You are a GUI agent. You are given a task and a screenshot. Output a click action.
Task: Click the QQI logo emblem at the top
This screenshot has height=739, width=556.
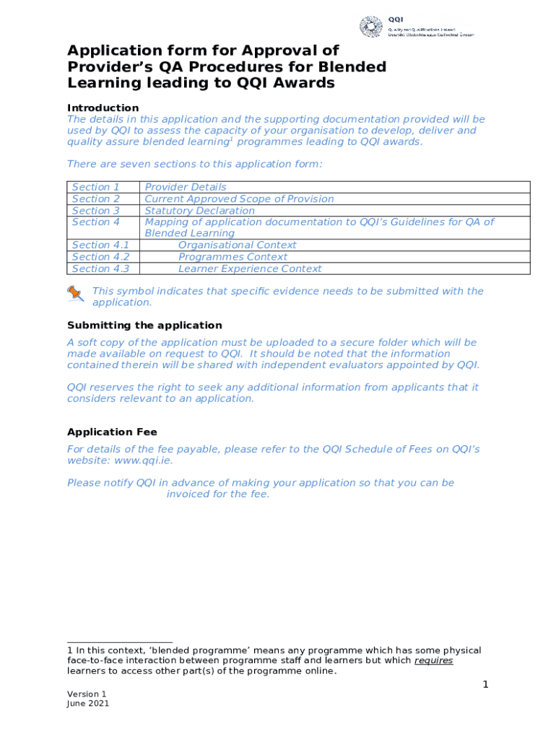[x=371, y=27]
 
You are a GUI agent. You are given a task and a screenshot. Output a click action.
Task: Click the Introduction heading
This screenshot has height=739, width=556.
[x=103, y=108]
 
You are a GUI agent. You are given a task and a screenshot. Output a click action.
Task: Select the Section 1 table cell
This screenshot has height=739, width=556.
[x=96, y=187]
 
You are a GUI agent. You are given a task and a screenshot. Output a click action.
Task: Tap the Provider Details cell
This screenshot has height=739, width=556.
[x=186, y=187]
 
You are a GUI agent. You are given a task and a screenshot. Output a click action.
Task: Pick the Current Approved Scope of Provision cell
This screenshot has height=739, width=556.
[x=239, y=198]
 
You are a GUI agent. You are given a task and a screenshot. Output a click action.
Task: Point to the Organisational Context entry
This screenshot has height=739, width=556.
[x=237, y=245]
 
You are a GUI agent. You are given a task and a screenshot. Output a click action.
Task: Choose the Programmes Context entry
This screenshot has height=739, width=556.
[x=233, y=257]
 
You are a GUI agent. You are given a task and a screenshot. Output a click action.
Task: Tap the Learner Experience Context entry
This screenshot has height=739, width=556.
[x=250, y=269]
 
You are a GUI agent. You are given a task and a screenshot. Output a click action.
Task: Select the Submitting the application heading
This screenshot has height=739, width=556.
[x=144, y=325]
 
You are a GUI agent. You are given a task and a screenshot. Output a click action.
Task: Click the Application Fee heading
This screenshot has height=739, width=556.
[x=112, y=432]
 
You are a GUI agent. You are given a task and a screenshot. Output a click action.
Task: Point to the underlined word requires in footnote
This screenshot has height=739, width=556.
[x=433, y=660]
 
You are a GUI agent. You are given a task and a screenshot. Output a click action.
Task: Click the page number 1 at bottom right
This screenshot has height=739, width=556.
[x=486, y=684]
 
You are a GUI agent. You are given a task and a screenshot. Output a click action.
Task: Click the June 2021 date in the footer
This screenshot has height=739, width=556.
[x=88, y=704]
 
